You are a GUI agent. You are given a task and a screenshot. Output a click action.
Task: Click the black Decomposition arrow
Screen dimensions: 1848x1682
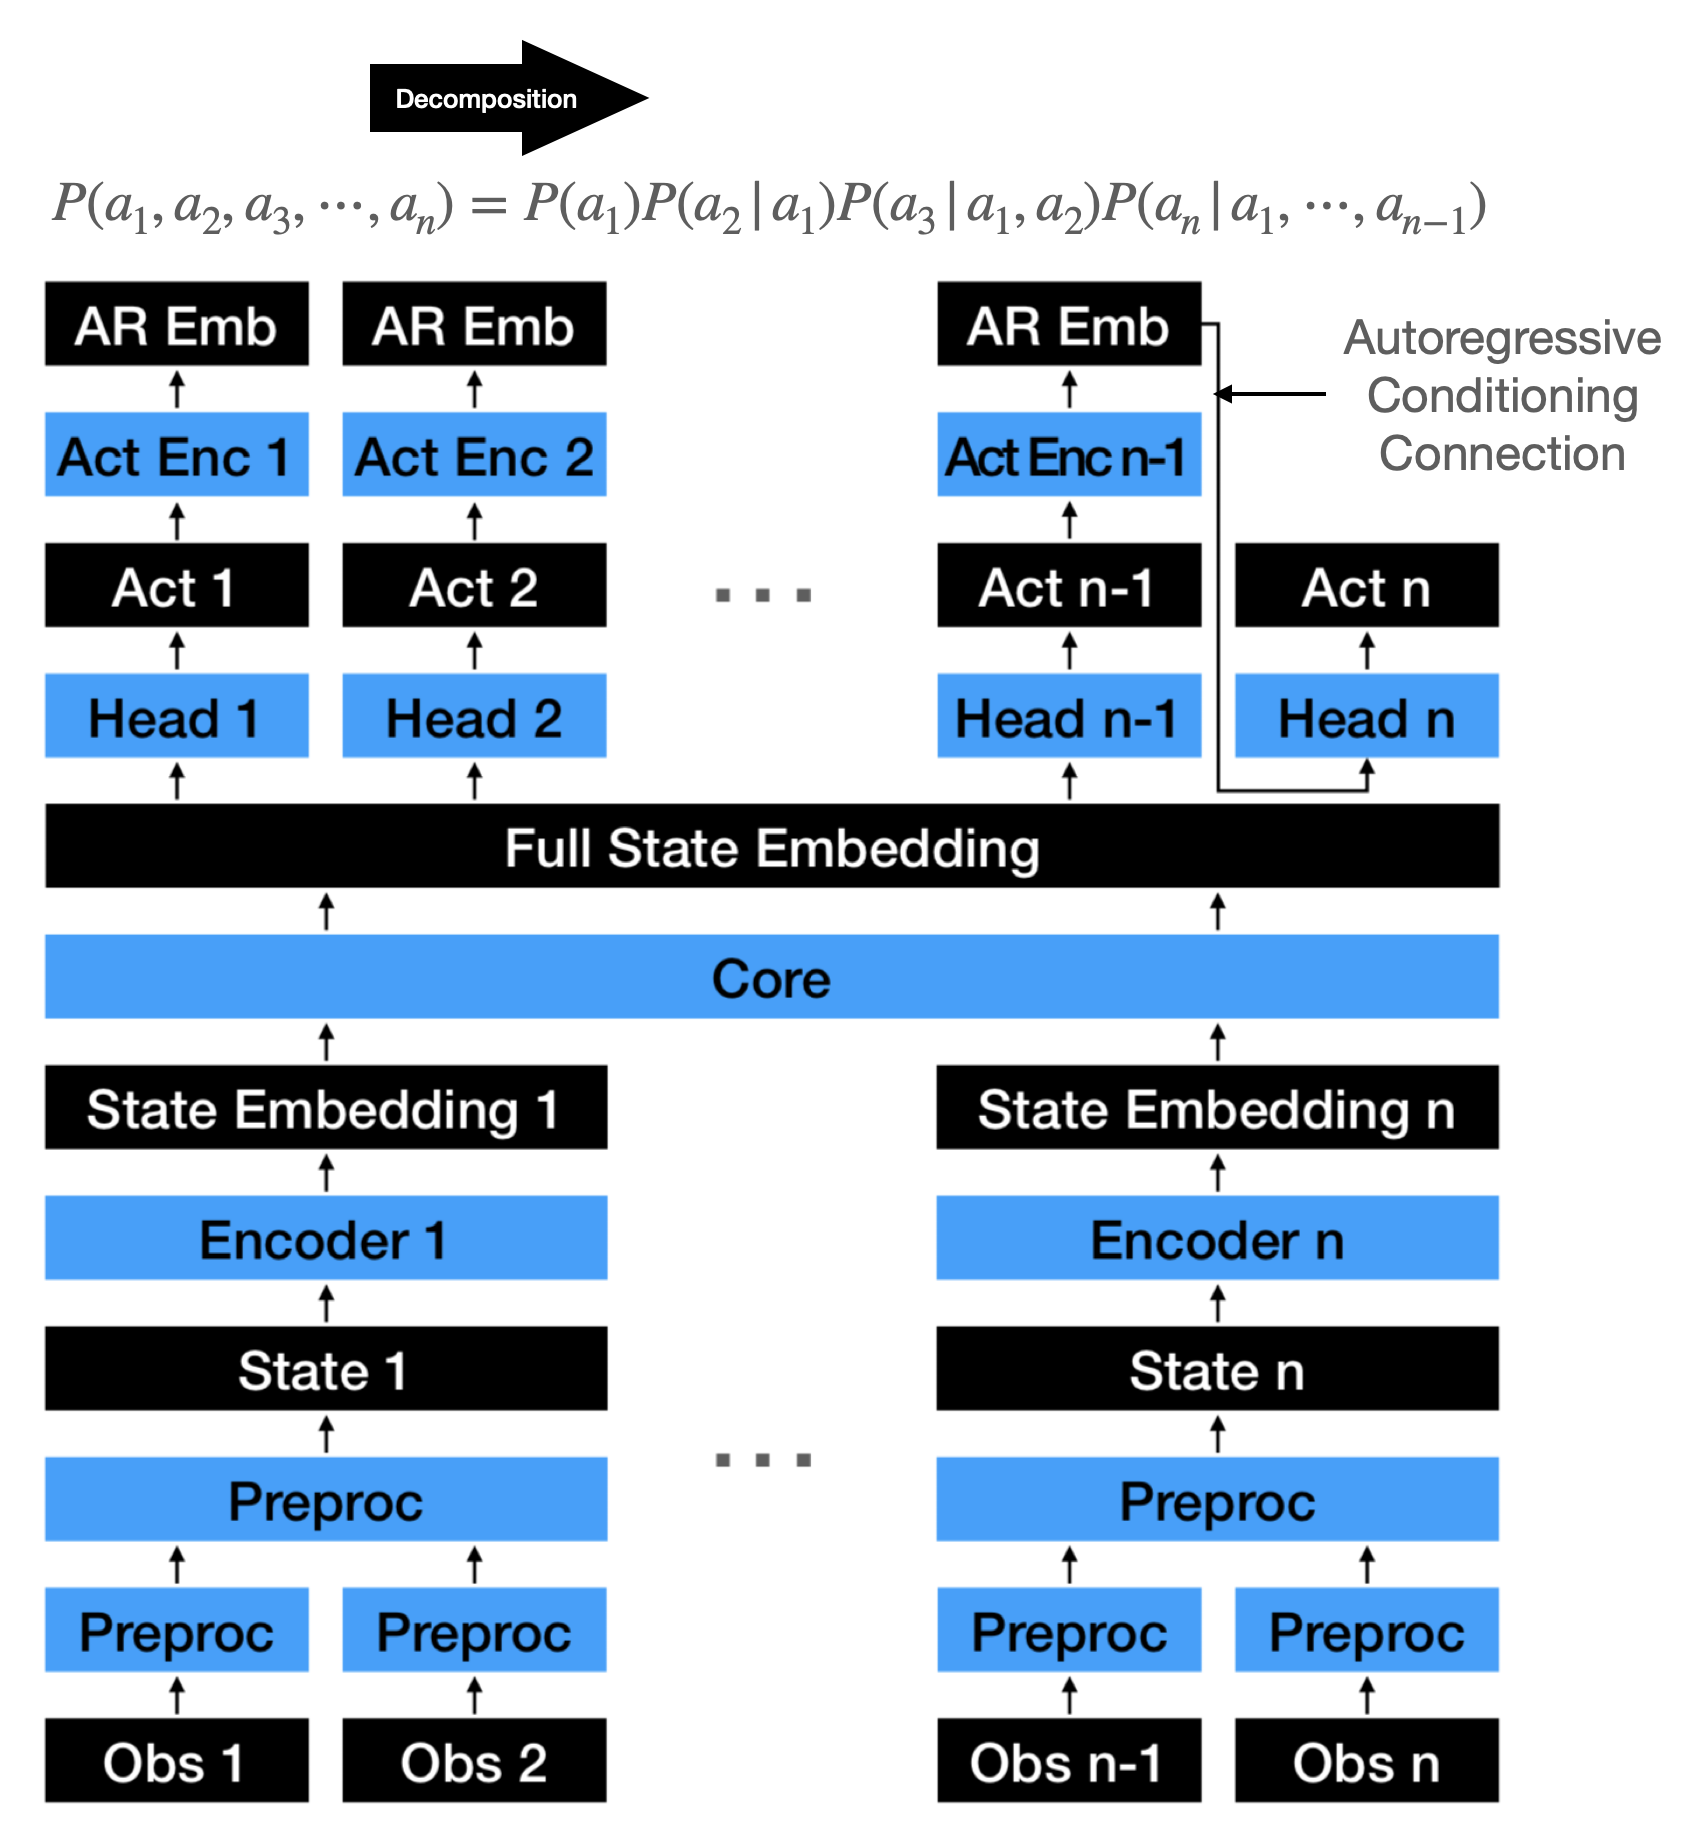pos(500,98)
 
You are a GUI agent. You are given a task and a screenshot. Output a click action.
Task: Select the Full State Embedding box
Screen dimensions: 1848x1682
pos(772,846)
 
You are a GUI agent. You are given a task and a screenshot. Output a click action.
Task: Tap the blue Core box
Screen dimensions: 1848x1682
pos(772,977)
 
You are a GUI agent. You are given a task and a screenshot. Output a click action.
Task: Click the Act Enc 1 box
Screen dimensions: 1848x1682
pos(177,455)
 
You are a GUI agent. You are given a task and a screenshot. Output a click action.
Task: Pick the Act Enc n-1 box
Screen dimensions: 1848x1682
pos(1069,455)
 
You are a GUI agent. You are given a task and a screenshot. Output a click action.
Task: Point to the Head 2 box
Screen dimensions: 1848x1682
pos(474,716)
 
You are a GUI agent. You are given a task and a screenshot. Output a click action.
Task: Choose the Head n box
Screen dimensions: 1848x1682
pos(1367,716)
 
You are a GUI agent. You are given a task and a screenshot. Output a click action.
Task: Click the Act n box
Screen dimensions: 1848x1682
pos(1367,586)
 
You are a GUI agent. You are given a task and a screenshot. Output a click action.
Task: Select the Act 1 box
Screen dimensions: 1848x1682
pos(177,586)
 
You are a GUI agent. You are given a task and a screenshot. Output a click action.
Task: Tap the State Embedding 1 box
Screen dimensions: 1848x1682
pos(326,1107)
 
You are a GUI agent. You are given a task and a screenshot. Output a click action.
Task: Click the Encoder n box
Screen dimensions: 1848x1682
pos(1217,1238)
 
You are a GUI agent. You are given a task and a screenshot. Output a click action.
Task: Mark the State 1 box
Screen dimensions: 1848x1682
pos(326,1369)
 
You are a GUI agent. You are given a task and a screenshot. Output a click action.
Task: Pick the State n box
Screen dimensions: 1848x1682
pos(1217,1369)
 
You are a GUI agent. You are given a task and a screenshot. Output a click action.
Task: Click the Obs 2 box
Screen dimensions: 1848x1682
pos(474,1761)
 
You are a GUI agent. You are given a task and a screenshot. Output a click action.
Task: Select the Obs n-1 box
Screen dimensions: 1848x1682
pos(1069,1761)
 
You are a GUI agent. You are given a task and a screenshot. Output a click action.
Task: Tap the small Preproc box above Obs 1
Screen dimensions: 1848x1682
pos(177,1630)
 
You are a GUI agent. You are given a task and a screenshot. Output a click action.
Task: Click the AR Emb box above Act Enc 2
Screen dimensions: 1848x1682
pos(474,324)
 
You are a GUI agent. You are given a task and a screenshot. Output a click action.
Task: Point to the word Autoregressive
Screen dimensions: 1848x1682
pos(1502,338)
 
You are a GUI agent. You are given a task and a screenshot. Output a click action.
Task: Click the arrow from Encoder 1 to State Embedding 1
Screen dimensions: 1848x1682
pos(326,1173)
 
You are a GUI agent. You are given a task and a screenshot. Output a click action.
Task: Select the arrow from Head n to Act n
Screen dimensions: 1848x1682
pos(1367,651)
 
